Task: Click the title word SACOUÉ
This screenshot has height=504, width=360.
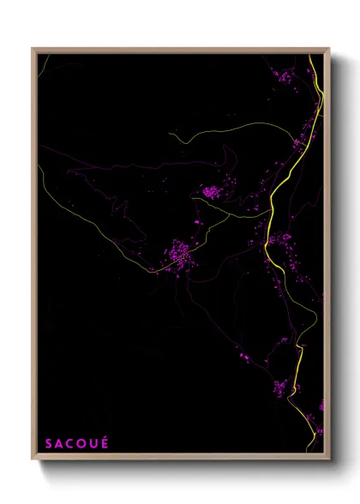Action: click(x=77, y=444)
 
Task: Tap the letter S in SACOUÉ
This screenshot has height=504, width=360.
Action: click(x=50, y=444)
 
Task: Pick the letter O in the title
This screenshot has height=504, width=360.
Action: click(x=82, y=444)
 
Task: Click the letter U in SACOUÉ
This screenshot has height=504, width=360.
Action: click(x=93, y=444)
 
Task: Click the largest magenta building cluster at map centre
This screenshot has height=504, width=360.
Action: click(x=179, y=254)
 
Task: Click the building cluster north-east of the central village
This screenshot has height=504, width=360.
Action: click(x=210, y=192)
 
